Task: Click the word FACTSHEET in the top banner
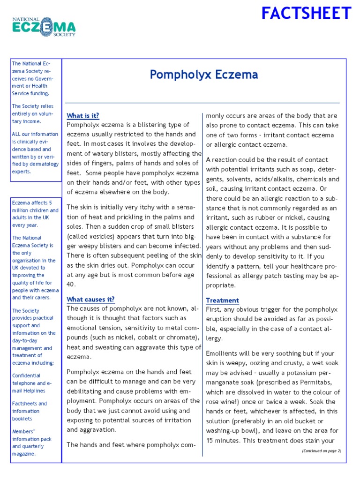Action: point(306,13)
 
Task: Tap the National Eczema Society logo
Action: point(44,27)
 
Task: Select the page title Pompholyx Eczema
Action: point(203,75)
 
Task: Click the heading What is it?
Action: point(83,115)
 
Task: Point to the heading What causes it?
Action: point(90,299)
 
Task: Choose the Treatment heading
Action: point(222,300)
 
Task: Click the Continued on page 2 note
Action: point(321,450)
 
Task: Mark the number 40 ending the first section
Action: point(71,284)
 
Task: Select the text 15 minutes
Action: point(224,441)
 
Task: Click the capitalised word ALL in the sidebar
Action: point(17,134)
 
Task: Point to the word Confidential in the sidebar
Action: point(26,375)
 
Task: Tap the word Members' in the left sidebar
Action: point(22,431)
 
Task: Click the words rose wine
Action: point(223,402)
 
